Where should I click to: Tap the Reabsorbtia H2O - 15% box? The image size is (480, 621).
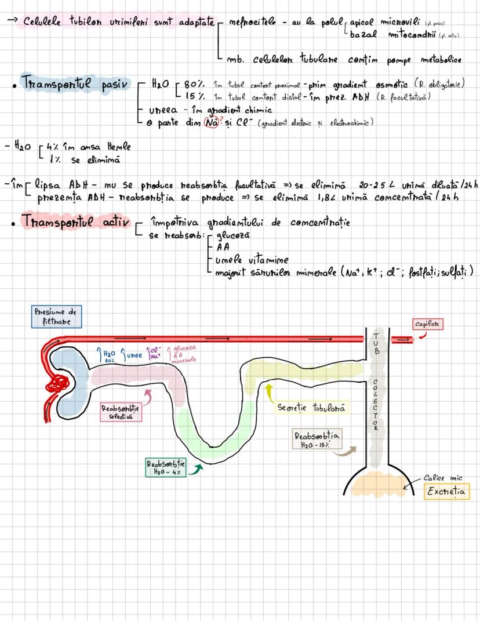(317, 440)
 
